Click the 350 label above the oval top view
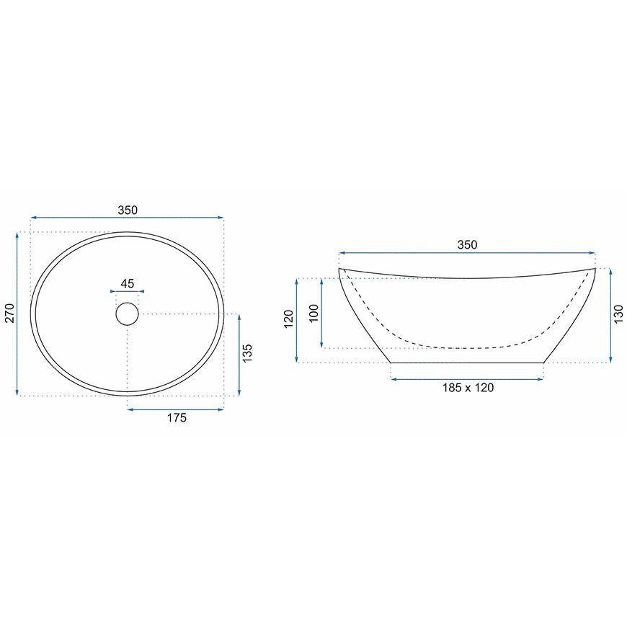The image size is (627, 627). [128, 210]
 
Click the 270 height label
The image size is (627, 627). [9, 313]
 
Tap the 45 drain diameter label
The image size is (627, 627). [127, 283]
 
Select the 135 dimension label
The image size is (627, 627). [247, 353]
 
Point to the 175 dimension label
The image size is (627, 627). [177, 418]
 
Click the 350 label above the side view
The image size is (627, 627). [467, 245]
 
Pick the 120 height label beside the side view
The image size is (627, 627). [289, 319]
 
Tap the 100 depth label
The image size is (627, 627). [314, 313]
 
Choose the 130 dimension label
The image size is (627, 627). [618, 314]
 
